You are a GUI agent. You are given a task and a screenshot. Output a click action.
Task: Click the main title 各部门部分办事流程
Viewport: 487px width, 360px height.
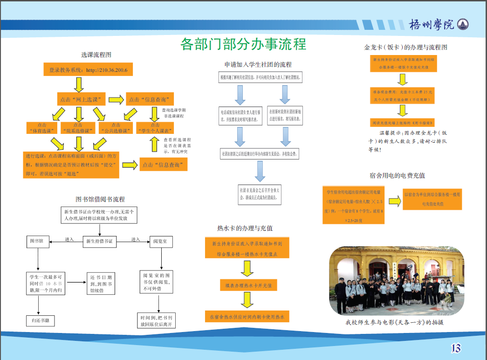tap(243, 44)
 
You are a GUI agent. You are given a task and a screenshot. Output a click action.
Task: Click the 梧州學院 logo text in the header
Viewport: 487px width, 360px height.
tap(432, 24)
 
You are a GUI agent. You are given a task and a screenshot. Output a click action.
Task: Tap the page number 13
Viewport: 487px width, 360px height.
tap(455, 347)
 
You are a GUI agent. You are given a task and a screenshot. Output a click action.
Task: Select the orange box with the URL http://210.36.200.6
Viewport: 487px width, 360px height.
tap(88, 70)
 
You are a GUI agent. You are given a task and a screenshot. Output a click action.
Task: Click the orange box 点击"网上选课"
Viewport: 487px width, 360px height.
tap(82, 99)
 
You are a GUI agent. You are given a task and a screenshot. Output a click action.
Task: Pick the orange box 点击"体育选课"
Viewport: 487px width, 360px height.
tap(42, 128)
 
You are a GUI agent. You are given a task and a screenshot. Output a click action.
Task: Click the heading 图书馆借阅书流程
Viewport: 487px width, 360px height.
tap(100, 199)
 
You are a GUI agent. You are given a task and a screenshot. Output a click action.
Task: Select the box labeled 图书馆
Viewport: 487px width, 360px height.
tap(36, 241)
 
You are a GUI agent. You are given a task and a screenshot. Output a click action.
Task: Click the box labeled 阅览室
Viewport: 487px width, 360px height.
tap(163, 241)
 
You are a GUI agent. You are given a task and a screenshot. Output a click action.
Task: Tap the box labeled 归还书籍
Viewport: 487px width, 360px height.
tap(41, 320)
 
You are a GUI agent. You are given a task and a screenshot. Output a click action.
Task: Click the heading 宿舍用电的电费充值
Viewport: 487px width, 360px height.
tap(397, 175)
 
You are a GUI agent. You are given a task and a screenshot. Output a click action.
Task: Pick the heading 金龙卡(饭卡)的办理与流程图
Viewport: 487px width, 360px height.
tap(405, 47)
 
